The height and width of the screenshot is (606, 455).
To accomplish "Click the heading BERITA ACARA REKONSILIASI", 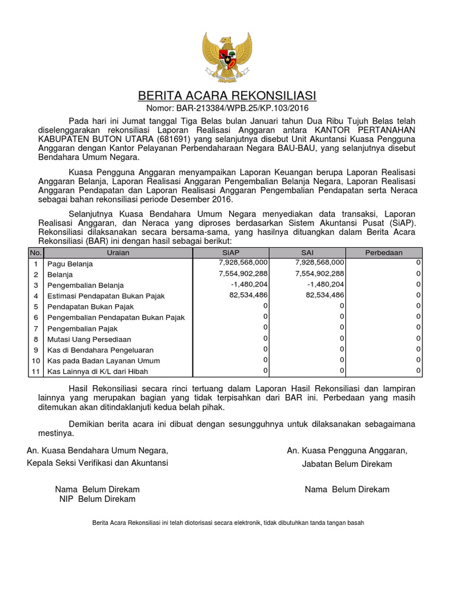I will [x=227, y=96].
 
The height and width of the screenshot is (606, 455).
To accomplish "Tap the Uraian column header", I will [x=118, y=253].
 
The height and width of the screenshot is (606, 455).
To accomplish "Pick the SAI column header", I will [x=307, y=253].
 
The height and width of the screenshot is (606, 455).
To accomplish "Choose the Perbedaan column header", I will [x=384, y=253].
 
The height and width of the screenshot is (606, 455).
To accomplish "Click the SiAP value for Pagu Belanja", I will [x=243, y=262].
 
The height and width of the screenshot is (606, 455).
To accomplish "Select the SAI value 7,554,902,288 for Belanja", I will [x=319, y=273].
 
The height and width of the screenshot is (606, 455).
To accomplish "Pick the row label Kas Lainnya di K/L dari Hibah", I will [x=98, y=372].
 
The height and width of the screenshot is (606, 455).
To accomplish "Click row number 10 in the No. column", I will [x=36, y=360].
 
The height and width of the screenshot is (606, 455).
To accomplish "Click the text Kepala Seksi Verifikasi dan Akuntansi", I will [x=97, y=463].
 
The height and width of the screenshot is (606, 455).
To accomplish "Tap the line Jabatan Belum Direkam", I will [x=347, y=464].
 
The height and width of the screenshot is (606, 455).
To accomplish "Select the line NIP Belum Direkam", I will [x=97, y=499].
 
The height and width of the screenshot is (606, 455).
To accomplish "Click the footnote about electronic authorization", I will [x=227, y=523].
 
